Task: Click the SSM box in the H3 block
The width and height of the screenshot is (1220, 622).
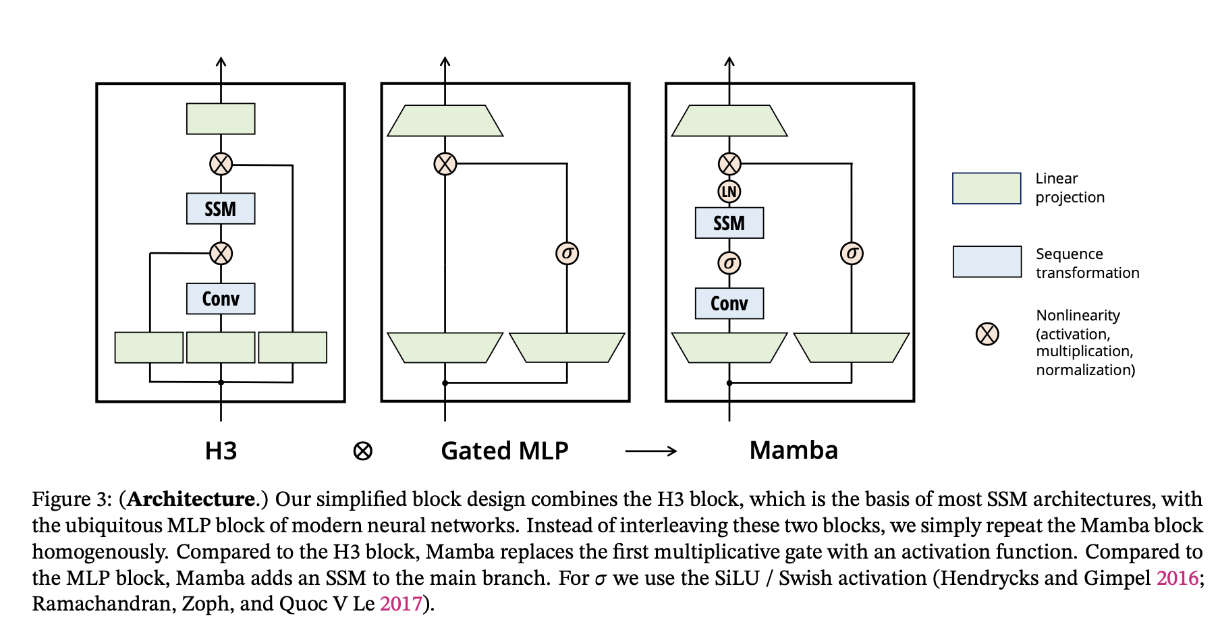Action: (x=221, y=208)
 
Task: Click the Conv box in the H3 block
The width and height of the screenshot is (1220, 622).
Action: (x=221, y=298)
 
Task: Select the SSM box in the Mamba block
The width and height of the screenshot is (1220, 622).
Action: (x=729, y=223)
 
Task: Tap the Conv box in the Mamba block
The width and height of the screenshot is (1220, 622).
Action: (x=729, y=304)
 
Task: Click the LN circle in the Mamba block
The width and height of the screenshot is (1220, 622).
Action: (x=729, y=192)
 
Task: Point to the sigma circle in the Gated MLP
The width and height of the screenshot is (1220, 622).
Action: (x=567, y=254)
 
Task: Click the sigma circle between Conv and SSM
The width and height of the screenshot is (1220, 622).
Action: (x=729, y=262)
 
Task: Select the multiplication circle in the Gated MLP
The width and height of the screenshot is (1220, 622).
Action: (x=445, y=163)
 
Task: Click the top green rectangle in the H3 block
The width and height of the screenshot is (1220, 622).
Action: (x=221, y=119)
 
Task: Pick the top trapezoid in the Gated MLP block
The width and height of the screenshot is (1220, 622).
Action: (x=445, y=121)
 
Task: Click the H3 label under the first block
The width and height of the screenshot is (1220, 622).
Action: (x=221, y=451)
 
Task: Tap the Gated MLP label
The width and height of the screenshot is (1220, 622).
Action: (x=504, y=451)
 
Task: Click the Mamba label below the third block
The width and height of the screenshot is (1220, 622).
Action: (x=794, y=450)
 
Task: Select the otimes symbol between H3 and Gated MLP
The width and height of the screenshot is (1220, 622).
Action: (x=362, y=451)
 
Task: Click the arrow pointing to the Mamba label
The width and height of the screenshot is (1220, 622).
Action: (x=650, y=451)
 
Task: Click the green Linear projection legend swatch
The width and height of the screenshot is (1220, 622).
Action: (x=986, y=188)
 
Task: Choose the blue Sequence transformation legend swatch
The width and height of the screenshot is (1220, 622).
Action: (x=987, y=262)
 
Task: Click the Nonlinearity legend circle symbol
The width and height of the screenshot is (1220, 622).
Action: (x=987, y=333)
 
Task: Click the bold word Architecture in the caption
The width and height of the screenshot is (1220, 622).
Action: (x=192, y=499)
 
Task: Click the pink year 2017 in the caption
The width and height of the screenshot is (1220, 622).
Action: (x=401, y=603)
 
